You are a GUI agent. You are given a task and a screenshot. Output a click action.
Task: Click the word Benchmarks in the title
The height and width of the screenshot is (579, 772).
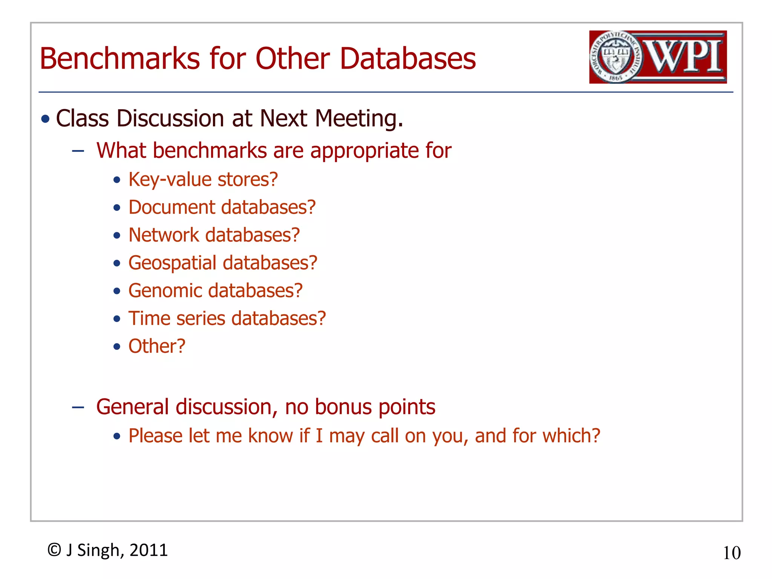point(120,59)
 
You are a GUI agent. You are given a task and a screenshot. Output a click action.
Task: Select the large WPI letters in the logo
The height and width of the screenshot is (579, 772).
point(684,57)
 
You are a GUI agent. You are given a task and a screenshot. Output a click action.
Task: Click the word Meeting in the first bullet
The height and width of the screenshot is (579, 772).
point(358,119)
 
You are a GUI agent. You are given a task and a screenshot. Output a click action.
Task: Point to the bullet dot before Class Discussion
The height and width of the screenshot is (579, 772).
point(46,119)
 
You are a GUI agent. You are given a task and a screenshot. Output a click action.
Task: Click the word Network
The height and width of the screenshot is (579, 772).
point(164,235)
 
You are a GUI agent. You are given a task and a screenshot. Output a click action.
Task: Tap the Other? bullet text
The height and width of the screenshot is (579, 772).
point(157,346)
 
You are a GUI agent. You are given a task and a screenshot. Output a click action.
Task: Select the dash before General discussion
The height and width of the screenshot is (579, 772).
point(78,407)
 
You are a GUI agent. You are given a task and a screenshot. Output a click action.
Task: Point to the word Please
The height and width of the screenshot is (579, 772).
point(156,436)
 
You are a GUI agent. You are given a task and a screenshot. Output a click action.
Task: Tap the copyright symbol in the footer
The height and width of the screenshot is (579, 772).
point(54,550)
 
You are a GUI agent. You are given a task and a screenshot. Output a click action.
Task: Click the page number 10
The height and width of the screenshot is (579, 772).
point(732,553)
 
